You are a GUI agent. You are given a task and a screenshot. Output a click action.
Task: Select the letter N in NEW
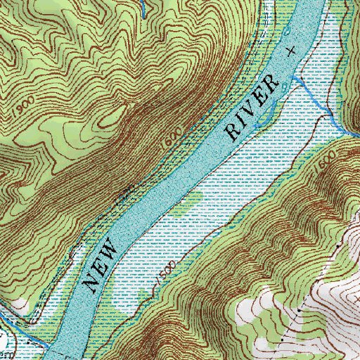pyautogui.click(x=90, y=283)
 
